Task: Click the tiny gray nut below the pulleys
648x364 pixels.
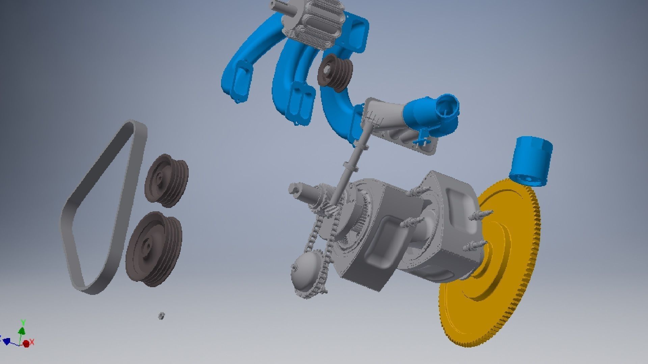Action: (162, 316)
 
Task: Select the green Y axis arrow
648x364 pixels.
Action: (22, 329)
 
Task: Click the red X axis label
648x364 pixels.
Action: (32, 342)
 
